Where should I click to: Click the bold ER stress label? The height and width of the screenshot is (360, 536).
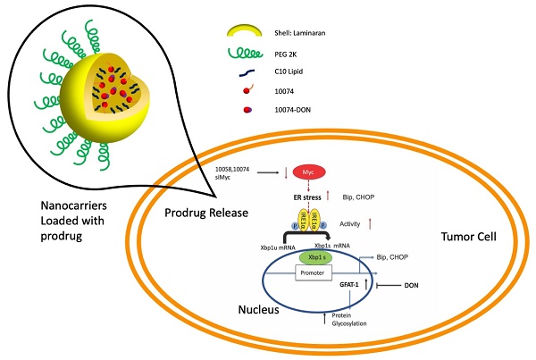(309, 195)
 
